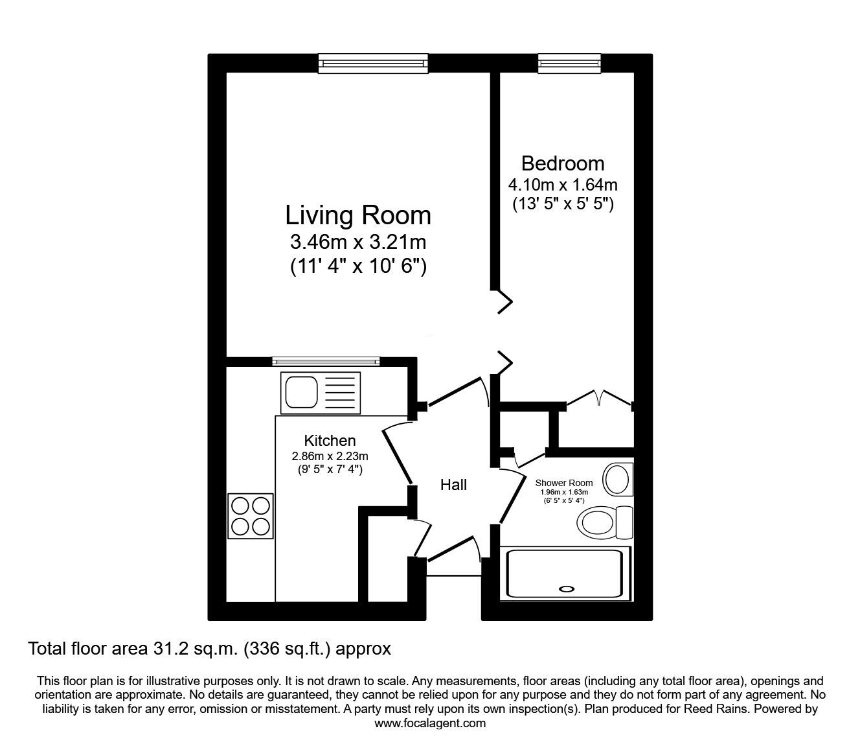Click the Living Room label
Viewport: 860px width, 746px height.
click(x=358, y=215)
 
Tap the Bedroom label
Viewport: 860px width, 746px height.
click(x=562, y=163)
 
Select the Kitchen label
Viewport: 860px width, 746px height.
click(x=330, y=441)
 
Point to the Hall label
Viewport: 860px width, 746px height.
click(x=453, y=485)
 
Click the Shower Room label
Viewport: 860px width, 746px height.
click(x=563, y=483)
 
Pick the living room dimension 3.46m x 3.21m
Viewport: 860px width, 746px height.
click(x=358, y=242)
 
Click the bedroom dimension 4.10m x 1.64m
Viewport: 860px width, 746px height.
click(x=562, y=185)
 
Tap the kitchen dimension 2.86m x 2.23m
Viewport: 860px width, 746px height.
click(x=330, y=456)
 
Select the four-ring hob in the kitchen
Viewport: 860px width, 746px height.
click(x=251, y=516)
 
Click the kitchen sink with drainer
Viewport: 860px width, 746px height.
click(x=319, y=392)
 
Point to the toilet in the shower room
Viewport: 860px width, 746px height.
click(x=605, y=522)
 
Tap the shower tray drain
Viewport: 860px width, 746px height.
click(x=567, y=589)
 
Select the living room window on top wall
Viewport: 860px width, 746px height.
click(x=373, y=63)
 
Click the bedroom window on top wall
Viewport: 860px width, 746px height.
click(x=570, y=63)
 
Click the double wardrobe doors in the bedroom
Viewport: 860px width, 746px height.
click(x=600, y=397)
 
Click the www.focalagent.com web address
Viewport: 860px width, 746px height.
click(x=430, y=723)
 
